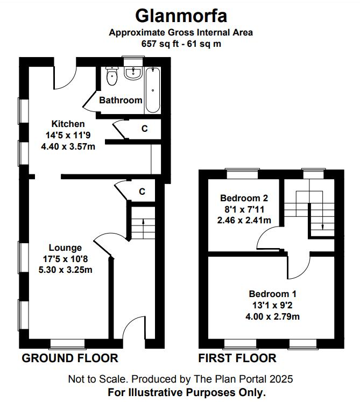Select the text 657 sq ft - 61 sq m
[x=181, y=44]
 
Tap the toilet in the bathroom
[x=112, y=77]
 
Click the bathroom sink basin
[x=132, y=74]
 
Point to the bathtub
[x=153, y=89]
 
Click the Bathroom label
[x=121, y=100]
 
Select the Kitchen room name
[x=68, y=124]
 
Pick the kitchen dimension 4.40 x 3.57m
[x=68, y=146]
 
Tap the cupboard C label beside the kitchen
[x=144, y=129]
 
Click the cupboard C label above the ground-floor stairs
[x=142, y=191]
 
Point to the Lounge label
[x=65, y=248]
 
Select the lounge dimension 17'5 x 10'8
[x=65, y=259]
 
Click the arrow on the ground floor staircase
[x=143, y=220]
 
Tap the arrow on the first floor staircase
[x=321, y=226]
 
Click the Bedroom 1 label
[x=272, y=294]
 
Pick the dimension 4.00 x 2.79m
[x=272, y=316]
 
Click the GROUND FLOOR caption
[x=70, y=358]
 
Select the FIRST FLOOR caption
[x=237, y=358]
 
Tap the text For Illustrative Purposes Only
[x=187, y=392]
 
